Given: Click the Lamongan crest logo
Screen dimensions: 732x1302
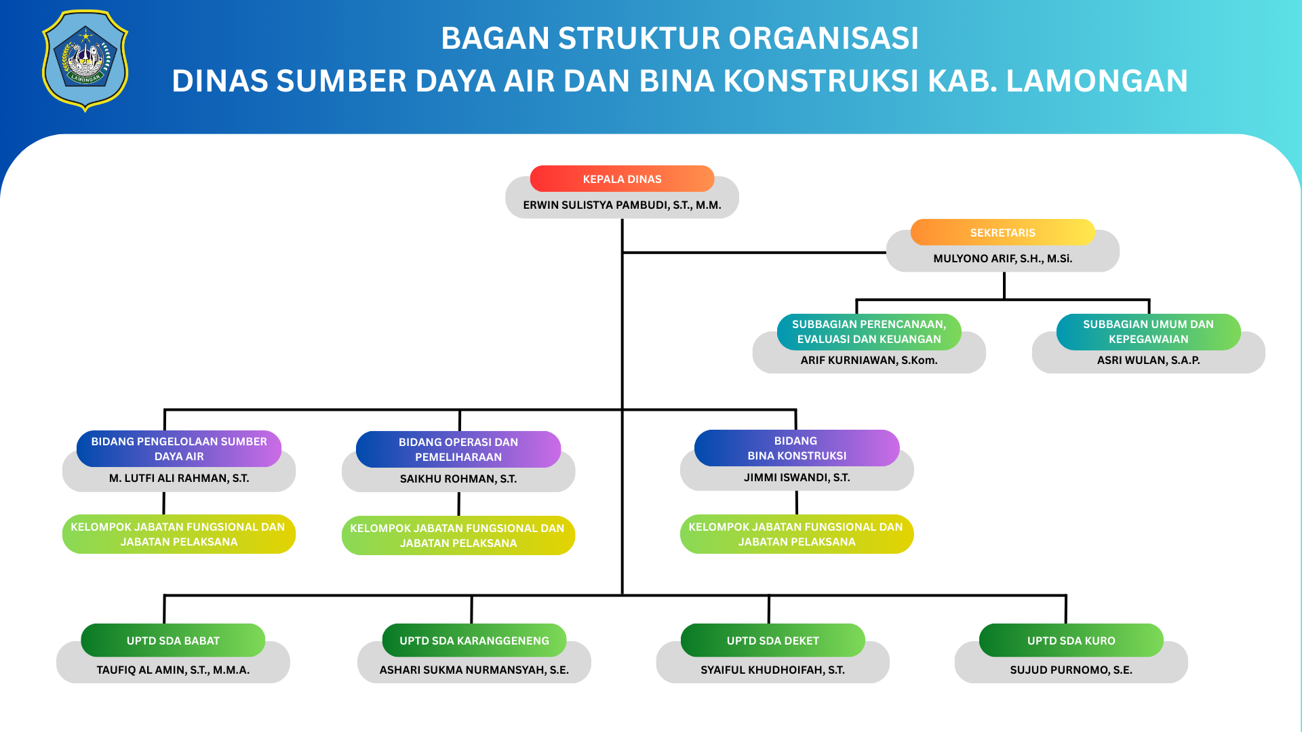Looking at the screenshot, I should point(85,61).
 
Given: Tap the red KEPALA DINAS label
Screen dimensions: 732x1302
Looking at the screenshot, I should point(622,179).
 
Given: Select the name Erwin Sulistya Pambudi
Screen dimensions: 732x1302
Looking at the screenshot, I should point(622,205).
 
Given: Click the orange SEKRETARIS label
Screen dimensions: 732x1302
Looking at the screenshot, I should point(1002,232).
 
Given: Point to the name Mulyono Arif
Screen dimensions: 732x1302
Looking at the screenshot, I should point(1002,258).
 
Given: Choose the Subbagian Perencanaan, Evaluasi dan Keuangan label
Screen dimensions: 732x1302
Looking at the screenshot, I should point(869,331).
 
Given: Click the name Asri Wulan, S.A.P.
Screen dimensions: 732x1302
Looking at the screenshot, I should point(1148,360).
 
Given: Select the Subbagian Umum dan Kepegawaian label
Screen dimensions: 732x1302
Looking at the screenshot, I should point(1148,331).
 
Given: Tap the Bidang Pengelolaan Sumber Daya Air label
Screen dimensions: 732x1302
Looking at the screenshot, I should point(179,449).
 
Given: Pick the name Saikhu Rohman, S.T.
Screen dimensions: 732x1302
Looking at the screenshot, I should point(458,479).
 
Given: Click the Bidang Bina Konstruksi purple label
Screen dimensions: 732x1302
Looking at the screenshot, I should point(797,448).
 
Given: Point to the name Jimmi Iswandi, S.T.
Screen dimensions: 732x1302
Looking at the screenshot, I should point(797,477).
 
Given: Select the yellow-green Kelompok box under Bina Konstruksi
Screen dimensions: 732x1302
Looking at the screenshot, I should point(797,534).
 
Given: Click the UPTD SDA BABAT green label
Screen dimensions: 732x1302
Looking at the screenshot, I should point(173,640).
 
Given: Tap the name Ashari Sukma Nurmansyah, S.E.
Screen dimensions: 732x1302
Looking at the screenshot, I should point(474,670).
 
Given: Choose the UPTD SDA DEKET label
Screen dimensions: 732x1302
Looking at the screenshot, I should point(772,640).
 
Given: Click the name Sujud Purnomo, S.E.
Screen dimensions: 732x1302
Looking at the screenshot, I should point(1071,670).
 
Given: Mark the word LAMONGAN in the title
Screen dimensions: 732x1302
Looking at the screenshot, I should point(1097,81).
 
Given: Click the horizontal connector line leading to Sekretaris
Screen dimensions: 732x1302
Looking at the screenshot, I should point(753,252).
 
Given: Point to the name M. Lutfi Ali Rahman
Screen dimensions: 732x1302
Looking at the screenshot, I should point(179,478).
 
